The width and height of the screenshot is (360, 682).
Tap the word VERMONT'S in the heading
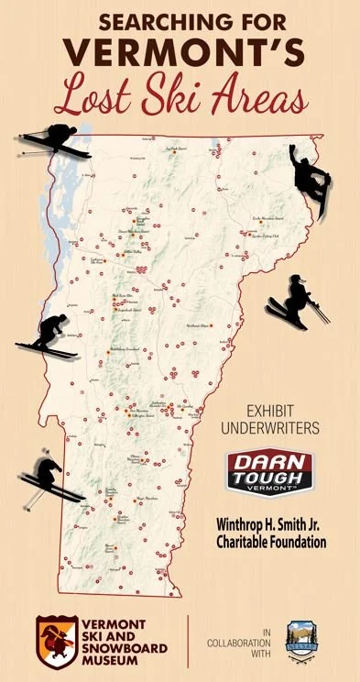[x=179, y=52]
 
